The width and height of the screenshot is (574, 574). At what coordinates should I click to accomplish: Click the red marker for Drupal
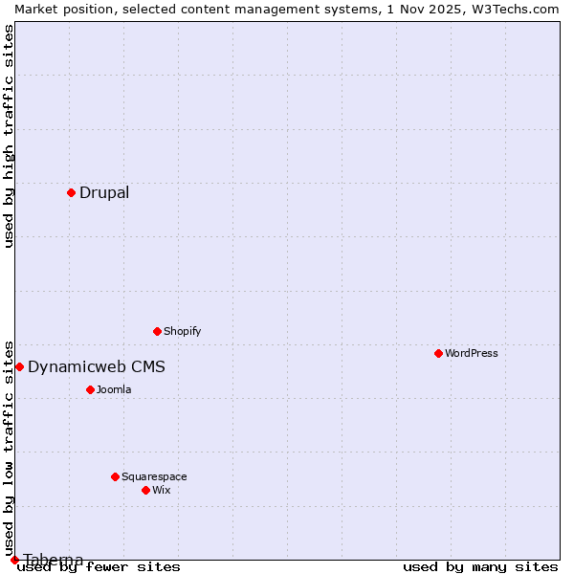pyautogui.click(x=71, y=192)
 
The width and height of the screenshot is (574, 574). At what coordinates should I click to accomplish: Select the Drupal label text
pyautogui.click(x=103, y=192)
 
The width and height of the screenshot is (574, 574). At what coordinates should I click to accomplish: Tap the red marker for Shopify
pyautogui.click(x=157, y=331)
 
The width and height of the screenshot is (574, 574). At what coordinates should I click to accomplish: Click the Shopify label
pyautogui.click(x=182, y=331)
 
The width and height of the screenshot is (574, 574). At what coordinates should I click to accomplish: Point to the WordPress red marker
pyautogui.click(x=438, y=353)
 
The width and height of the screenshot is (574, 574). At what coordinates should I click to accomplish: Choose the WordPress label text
pyautogui.click(x=471, y=353)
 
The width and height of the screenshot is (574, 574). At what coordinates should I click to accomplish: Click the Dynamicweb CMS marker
pyautogui.click(x=19, y=366)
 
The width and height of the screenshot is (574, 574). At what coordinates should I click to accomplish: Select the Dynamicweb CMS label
pyautogui.click(x=96, y=366)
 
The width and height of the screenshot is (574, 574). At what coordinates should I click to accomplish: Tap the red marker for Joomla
pyautogui.click(x=90, y=389)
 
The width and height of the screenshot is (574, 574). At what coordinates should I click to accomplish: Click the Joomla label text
pyautogui.click(x=113, y=389)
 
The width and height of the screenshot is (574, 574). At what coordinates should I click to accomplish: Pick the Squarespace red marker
pyautogui.click(x=115, y=476)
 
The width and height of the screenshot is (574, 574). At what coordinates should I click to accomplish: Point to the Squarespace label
pyautogui.click(x=153, y=476)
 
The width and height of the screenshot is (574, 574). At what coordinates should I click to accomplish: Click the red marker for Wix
pyautogui.click(x=145, y=490)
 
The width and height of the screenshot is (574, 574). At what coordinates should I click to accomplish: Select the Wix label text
pyautogui.click(x=161, y=490)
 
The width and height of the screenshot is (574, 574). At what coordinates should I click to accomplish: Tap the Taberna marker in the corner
pyautogui.click(x=14, y=560)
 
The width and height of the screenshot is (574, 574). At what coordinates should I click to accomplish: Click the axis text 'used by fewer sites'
pyautogui.click(x=99, y=566)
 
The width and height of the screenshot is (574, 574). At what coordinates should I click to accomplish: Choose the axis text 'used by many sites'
pyautogui.click(x=480, y=566)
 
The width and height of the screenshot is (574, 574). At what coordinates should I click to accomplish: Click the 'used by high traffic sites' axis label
pyautogui.click(x=9, y=136)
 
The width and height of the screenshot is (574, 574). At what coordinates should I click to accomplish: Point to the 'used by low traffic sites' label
pyautogui.click(x=9, y=448)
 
